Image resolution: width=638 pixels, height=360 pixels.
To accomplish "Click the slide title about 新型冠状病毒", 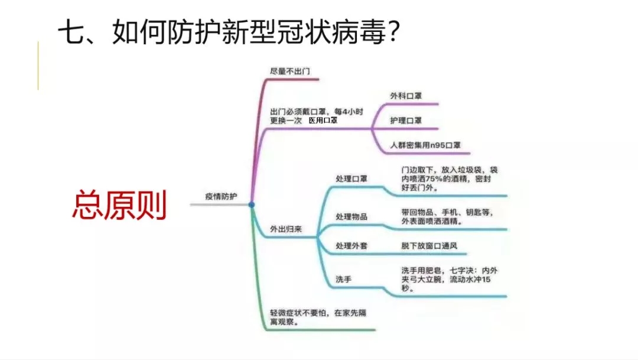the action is [229, 32].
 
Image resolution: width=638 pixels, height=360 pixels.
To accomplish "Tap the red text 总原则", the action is [119, 205].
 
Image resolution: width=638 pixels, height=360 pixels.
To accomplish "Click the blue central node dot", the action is [252, 205].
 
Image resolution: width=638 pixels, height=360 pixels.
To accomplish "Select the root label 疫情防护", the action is [221, 197].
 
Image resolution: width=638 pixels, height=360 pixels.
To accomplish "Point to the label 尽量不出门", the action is [290, 72].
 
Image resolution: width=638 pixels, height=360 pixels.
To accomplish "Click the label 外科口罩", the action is [406, 96].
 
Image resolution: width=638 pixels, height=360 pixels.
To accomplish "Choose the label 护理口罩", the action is [406, 121].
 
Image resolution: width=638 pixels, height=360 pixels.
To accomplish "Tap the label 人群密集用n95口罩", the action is [425, 145].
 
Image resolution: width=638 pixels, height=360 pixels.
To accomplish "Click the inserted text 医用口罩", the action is [323, 121].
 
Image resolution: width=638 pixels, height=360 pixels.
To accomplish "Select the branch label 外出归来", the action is [286, 229].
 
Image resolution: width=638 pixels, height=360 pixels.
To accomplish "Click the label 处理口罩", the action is [351, 179].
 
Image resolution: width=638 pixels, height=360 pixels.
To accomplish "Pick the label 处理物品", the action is [351, 217].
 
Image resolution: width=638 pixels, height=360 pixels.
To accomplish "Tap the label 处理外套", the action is [351, 246].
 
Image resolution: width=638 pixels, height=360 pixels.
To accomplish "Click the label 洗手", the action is [343, 280].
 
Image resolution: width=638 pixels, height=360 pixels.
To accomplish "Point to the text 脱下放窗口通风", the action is [429, 246].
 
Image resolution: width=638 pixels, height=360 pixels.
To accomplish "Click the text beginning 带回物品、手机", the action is [447, 217].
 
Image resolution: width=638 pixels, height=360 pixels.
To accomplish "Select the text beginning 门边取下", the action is [449, 179].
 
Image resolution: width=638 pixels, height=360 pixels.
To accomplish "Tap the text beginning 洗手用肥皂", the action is [449, 280].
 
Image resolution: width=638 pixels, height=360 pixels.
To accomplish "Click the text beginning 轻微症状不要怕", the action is [318, 317].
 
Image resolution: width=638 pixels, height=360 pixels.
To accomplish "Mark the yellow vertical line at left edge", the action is [38, 65].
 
